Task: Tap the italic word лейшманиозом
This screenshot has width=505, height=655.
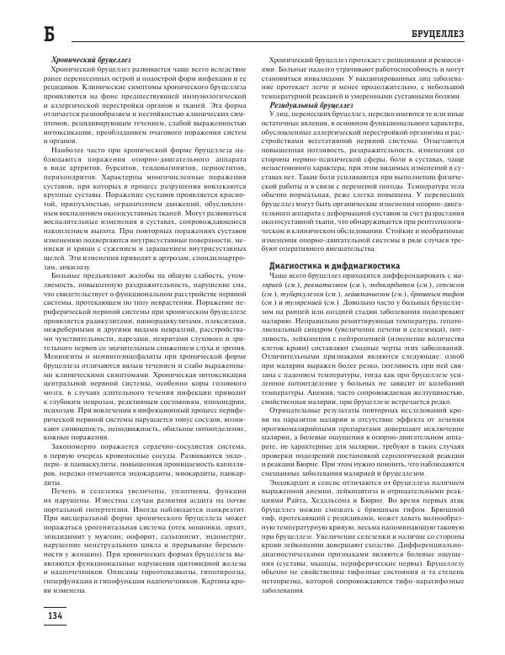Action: (364, 292)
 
